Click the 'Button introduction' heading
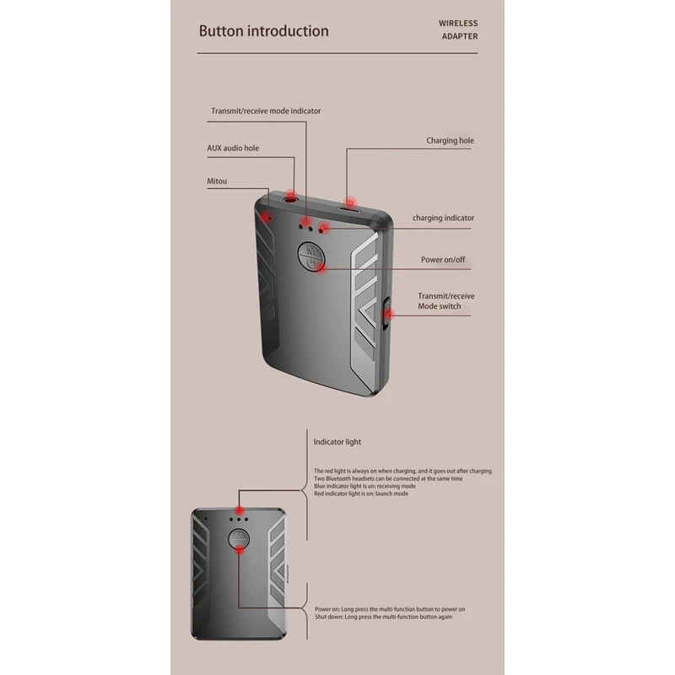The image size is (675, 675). [263, 31]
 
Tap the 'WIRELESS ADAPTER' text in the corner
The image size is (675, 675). [458, 30]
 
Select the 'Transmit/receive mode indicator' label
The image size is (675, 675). [266, 111]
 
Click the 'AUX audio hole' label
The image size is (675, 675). [233, 148]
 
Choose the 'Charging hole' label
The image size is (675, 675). [450, 141]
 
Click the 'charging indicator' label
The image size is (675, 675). [443, 218]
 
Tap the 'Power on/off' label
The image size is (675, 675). [443, 259]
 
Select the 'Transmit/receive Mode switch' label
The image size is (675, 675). [445, 301]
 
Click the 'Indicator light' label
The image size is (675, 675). [337, 441]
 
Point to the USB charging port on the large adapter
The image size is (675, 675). [348, 206]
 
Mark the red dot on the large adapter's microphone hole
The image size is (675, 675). [267, 218]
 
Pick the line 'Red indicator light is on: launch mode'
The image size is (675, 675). [361, 494]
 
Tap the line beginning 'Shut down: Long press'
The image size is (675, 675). [384, 617]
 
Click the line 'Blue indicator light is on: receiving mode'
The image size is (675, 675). [364, 486]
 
